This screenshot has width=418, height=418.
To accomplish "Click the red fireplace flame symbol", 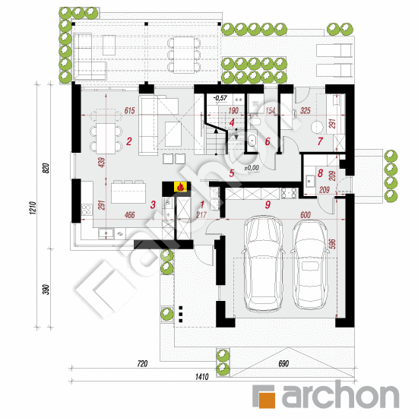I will tap(180, 187).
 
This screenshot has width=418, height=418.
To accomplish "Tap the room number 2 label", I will tap(130, 141).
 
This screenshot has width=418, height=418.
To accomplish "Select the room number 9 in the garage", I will tap(267, 204).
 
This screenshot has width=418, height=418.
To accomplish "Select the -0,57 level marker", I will tap(220, 98).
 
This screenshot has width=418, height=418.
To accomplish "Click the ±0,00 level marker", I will tap(251, 167).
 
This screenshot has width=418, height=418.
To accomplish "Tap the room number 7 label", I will tap(320, 141).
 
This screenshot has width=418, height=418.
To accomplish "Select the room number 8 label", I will tap(320, 173).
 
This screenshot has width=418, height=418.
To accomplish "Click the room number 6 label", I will tap(267, 141).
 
